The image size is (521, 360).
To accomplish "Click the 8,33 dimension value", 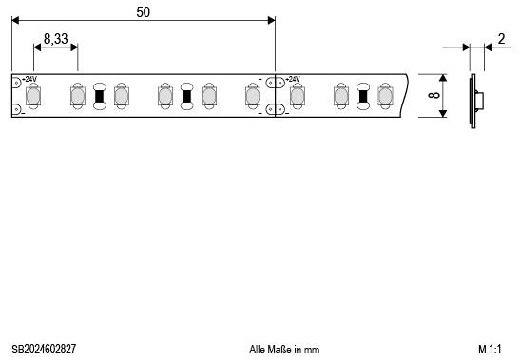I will pos(55,40).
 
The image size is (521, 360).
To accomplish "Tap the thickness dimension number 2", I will pos(500,39).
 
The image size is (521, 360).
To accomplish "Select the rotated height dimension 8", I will pos(434,96).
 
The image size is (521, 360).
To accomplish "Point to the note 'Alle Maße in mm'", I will pos(284,350).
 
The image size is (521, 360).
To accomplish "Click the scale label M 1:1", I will pos(490,350).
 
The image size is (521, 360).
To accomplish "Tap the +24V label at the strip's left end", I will pos(29,79).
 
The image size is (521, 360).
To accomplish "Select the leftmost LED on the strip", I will pos(34,96).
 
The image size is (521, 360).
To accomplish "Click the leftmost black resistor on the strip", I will pos(99,96).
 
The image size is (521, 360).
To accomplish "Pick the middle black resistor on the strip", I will pos(186,96).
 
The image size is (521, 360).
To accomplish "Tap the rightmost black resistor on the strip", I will pos(362,96).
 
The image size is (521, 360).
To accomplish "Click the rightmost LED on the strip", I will pos(384,96).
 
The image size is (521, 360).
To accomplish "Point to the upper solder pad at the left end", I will pos(16,82).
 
